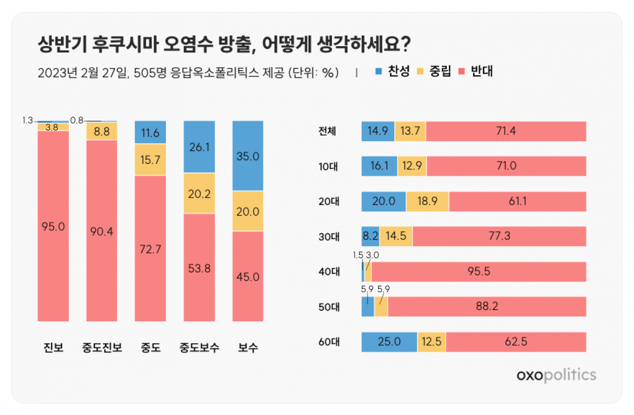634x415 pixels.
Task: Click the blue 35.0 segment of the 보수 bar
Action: tap(248, 156)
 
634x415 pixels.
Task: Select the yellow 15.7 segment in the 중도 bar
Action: tap(150, 159)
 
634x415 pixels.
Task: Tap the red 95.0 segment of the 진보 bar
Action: tap(53, 226)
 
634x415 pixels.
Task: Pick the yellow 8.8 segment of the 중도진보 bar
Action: tap(102, 131)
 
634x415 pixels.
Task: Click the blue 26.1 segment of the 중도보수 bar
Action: tap(199, 147)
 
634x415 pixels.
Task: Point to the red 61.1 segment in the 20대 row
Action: tap(518, 201)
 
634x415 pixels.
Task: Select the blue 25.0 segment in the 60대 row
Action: tap(389, 342)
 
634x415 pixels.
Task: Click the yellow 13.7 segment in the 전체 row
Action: tap(410, 131)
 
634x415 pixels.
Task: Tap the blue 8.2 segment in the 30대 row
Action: tap(370, 236)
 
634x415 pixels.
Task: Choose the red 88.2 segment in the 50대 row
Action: tap(487, 306)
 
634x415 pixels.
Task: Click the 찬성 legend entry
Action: tap(392, 71)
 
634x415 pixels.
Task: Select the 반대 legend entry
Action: tap(475, 71)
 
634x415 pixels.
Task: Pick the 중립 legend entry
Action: tap(434, 71)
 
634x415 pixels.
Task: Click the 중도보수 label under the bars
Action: tap(199, 347)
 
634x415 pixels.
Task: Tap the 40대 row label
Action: tap(329, 271)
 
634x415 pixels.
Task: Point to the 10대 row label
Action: tap(328, 166)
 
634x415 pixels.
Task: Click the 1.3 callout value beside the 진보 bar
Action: tap(28, 120)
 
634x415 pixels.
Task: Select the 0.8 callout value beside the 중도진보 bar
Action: tap(77, 120)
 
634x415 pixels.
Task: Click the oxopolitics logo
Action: tap(556, 375)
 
